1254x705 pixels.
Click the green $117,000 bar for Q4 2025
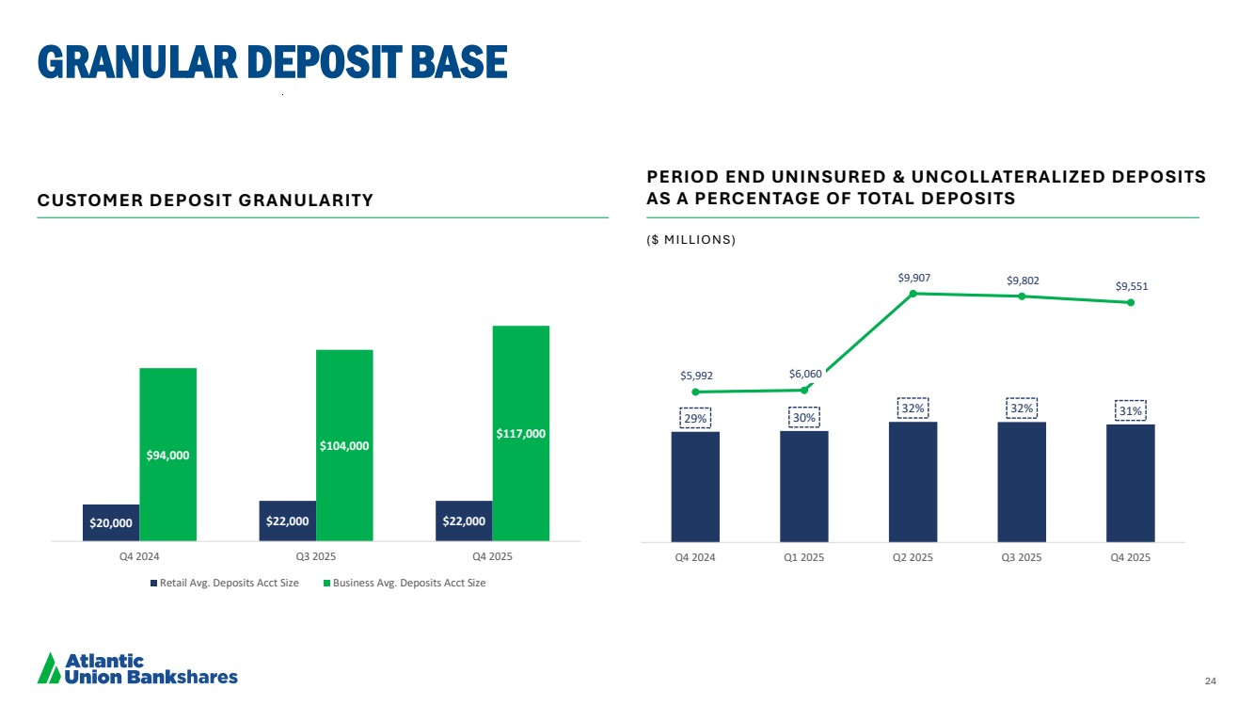tap(520, 433)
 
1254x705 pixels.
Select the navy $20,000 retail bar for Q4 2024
tap(111, 522)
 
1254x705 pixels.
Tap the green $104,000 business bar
tap(344, 444)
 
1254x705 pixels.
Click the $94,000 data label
tap(167, 456)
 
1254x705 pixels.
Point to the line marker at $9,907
tap(913, 294)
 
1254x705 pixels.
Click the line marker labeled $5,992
tap(695, 392)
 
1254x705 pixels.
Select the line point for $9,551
tap(1131, 302)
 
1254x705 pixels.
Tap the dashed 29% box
tap(695, 418)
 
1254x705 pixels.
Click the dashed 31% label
tap(1131, 411)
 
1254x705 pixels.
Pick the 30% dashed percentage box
tap(804, 417)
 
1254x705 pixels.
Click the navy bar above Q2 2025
tap(913, 481)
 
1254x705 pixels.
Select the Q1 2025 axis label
tap(804, 556)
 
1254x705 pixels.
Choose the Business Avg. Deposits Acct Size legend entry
tap(404, 584)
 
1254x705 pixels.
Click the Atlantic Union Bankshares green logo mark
tap(49, 667)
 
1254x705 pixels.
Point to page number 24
tap(1210, 681)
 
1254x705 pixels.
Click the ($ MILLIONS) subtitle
tap(691, 240)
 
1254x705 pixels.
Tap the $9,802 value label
tap(1023, 280)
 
